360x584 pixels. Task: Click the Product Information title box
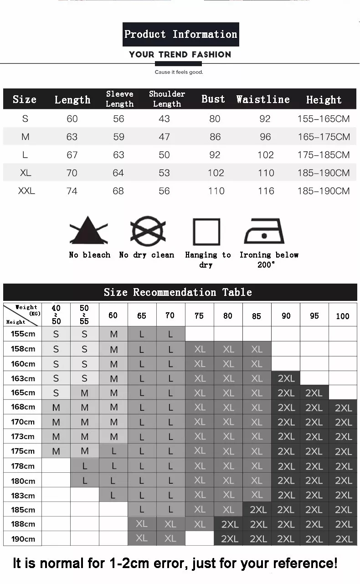point(180,34)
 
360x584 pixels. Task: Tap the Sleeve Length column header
point(119,99)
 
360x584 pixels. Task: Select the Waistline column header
point(263,99)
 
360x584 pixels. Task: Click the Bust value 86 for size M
point(215,137)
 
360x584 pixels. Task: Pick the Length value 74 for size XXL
point(72,191)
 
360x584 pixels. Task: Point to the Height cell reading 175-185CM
point(324,155)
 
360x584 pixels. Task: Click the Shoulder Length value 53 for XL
point(164,173)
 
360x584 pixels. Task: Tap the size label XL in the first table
point(25,173)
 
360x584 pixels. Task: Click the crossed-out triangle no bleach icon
point(88,231)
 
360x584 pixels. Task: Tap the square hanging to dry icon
point(206,232)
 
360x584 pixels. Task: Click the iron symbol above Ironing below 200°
point(264,232)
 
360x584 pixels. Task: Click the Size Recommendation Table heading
point(178,292)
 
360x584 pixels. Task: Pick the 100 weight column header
point(343,316)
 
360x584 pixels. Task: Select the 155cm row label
point(23,334)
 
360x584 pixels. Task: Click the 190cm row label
point(23,539)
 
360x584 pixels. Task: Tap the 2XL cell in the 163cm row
point(286,378)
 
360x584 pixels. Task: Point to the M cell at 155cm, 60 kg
point(113,334)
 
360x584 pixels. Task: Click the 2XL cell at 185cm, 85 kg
point(257,510)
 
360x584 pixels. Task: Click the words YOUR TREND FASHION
point(180,55)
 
